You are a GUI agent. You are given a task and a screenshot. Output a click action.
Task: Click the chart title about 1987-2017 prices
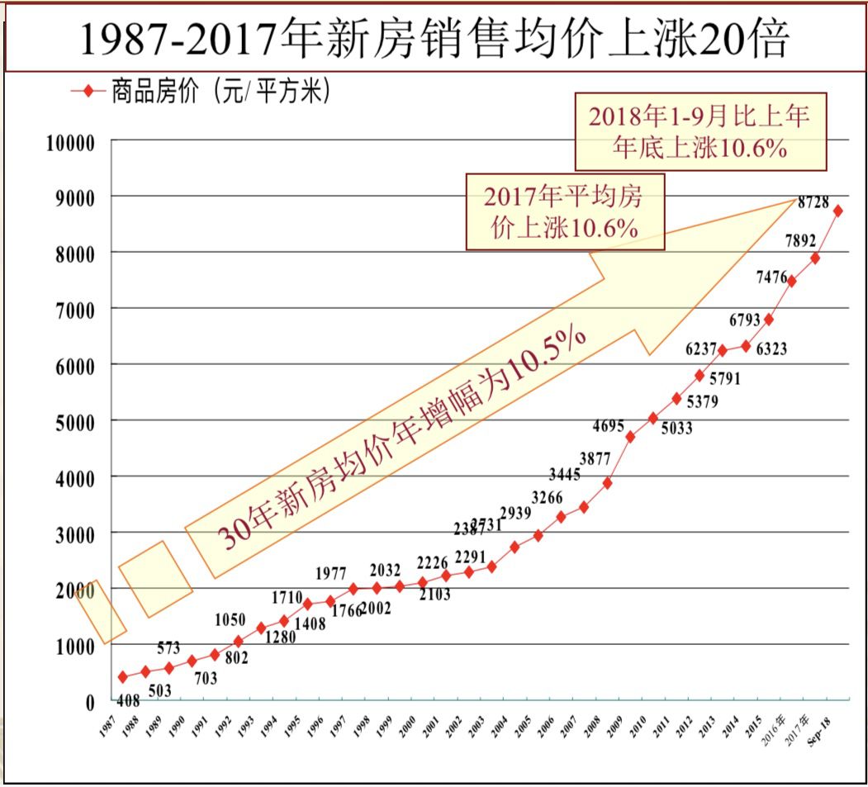(434, 39)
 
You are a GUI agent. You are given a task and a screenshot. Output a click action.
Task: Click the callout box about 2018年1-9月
(698, 130)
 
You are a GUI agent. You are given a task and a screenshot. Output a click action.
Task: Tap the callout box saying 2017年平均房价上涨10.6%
(565, 211)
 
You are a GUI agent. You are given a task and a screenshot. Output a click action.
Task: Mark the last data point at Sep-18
(837, 211)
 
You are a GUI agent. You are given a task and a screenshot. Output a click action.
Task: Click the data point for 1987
(123, 677)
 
